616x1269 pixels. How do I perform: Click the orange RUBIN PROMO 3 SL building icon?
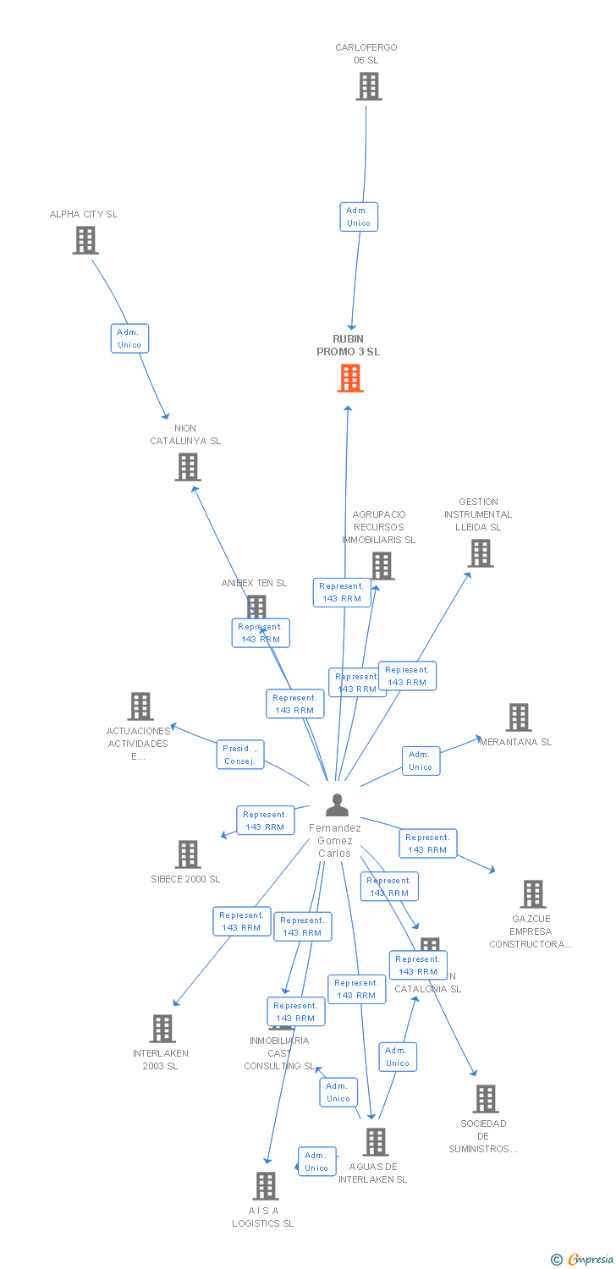pos(350,378)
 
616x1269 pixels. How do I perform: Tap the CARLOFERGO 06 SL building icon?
pos(368,86)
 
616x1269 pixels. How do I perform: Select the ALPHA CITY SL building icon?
pos(85,240)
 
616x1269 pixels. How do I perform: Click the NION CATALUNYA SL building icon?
pos(187,467)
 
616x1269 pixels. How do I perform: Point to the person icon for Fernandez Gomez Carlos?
pos(337,805)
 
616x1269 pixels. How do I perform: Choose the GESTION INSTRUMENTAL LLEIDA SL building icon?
pos(480,553)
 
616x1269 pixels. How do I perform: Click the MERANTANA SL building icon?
pos(518,717)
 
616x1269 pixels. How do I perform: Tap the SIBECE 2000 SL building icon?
pos(187,854)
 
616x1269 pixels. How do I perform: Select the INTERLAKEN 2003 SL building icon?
pos(162,1029)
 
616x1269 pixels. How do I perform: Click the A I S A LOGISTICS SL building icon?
pos(266,1186)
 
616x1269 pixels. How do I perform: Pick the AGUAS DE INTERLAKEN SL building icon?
pos(375,1142)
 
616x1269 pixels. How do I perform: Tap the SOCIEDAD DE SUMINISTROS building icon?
pos(485,1099)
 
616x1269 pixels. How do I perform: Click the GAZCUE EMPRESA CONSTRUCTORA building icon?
pos(532,894)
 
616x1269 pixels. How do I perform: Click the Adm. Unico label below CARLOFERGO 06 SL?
pos(358,217)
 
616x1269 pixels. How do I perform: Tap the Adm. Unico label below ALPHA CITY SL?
pos(129,338)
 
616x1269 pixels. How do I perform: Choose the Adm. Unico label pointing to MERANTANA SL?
pos(421,761)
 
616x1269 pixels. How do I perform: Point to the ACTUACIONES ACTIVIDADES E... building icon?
pos(140,706)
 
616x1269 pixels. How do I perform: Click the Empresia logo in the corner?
pos(583,1260)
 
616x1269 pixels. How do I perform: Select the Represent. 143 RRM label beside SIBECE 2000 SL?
pos(265,821)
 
